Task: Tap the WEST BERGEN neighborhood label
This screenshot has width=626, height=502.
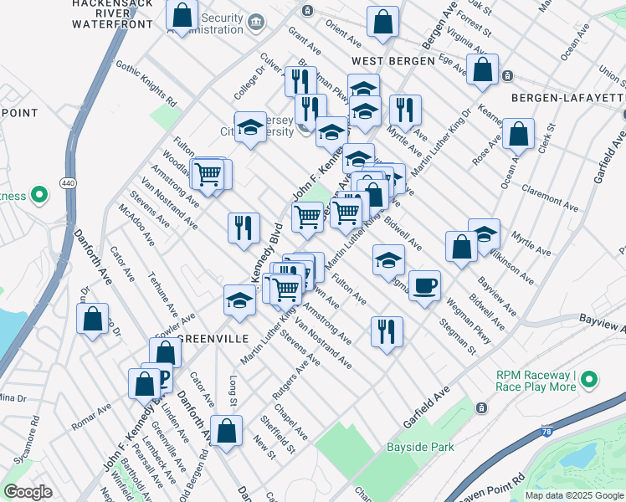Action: pyautogui.click(x=393, y=61)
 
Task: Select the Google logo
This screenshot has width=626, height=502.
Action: pyautogui.click(x=27, y=491)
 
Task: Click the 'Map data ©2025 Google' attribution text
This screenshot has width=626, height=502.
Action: pyautogui.click(x=573, y=495)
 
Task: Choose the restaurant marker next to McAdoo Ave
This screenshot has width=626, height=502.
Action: pyautogui.click(x=244, y=227)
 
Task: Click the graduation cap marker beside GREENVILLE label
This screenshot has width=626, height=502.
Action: pyautogui.click(x=239, y=300)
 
